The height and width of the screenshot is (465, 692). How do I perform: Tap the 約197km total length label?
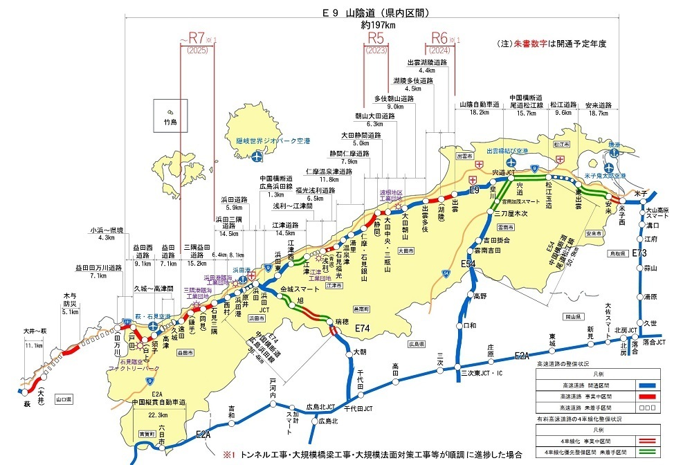tap(376, 25)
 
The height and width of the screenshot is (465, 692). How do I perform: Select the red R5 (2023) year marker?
tap(378, 41)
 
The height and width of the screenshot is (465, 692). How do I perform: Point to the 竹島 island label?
tap(170, 122)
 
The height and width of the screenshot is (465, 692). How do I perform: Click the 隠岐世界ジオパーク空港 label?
tap(272, 140)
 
